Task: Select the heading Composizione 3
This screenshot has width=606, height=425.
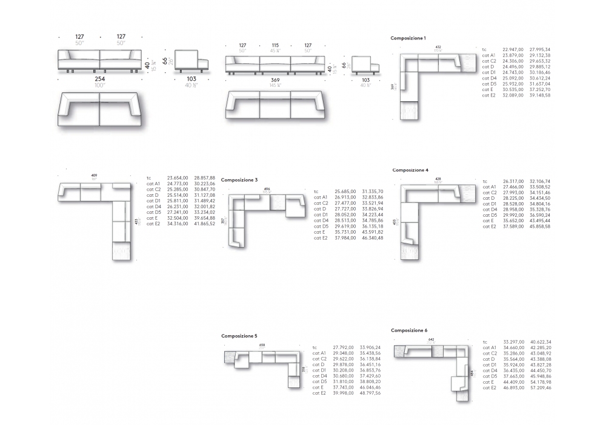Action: coord(239,180)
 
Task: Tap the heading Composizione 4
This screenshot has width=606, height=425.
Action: coord(410,170)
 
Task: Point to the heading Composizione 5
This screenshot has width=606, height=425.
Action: coord(239,335)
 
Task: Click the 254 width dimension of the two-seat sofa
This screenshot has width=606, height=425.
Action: coord(99,78)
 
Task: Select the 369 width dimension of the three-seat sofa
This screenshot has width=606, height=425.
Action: coord(276,80)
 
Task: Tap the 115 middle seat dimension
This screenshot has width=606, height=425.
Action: coord(275,46)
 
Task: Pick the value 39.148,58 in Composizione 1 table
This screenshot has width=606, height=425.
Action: coord(540,95)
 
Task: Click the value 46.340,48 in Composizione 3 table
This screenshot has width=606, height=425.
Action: coord(372,238)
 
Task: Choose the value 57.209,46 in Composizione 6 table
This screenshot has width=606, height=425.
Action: coord(541,387)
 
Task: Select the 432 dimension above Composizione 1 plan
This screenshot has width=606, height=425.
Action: coord(438,46)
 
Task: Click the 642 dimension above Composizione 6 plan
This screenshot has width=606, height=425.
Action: coord(431,339)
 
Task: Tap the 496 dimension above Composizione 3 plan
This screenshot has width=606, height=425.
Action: coord(267,189)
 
